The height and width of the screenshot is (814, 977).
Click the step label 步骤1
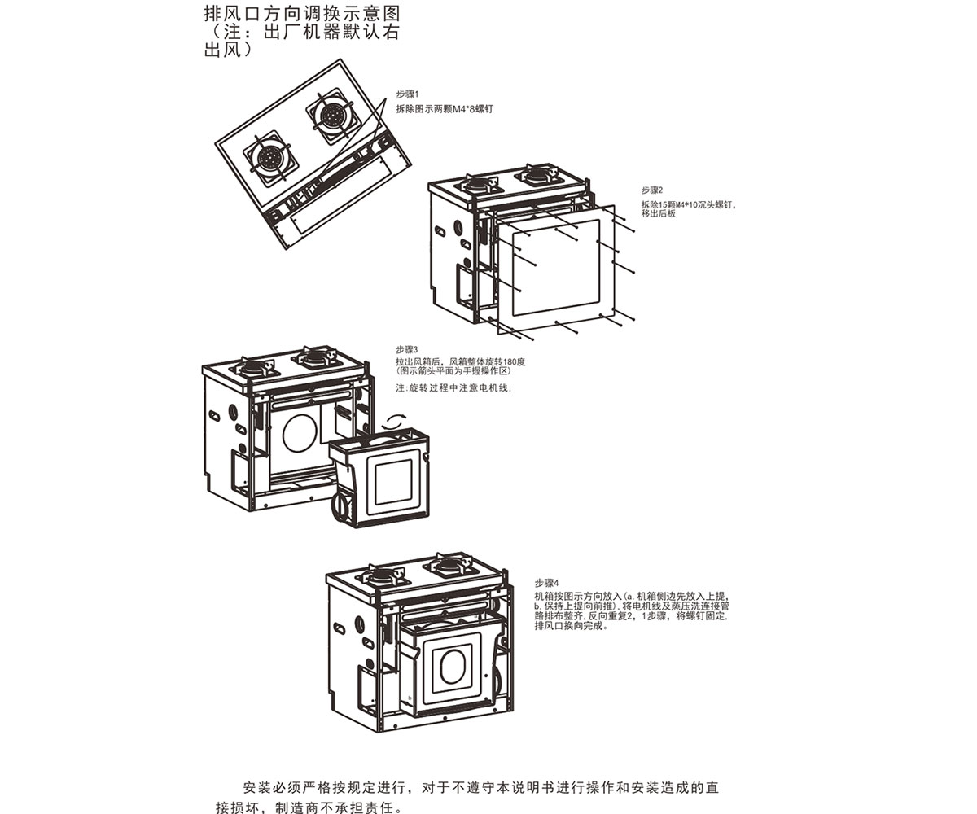406,94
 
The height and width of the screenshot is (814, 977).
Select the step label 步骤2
652,190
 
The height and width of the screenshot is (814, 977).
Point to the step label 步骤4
546,583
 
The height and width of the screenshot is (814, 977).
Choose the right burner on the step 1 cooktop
333,116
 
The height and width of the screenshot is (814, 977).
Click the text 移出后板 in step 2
659,213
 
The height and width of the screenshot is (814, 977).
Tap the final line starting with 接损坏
309,807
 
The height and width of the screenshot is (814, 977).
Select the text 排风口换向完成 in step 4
571,627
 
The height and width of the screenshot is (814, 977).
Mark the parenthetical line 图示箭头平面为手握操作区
452,371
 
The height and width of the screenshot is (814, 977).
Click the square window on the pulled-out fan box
395,481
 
